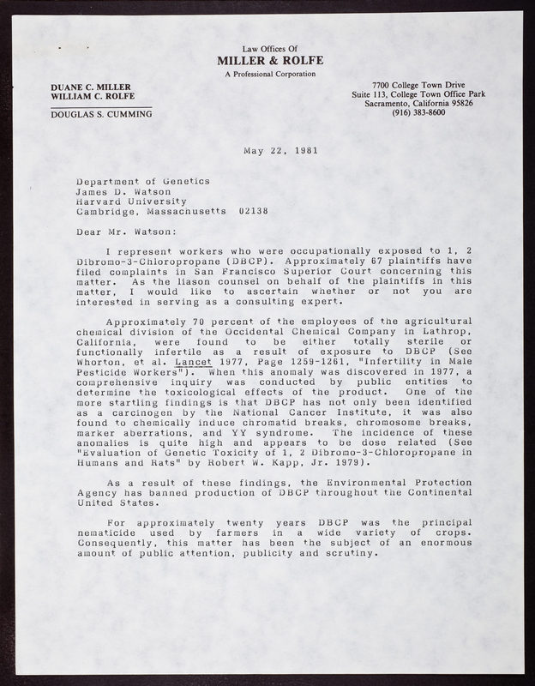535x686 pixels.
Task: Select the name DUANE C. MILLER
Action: click(88, 87)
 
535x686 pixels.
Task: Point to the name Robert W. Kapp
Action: click(273, 464)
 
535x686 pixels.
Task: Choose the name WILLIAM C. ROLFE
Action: click(92, 97)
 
